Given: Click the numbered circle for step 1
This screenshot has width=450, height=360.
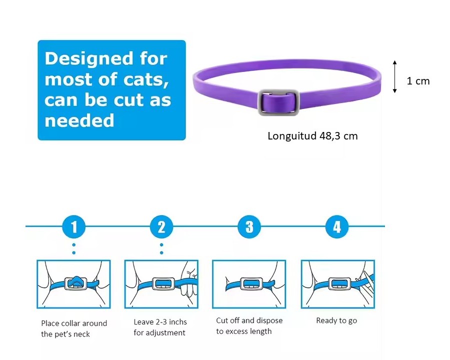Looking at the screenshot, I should tap(74, 227).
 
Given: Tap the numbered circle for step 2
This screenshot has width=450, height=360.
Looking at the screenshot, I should tap(161, 227).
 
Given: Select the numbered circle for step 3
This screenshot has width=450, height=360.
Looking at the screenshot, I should tap(249, 227).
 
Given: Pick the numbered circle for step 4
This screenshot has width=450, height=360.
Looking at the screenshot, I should tap(336, 227).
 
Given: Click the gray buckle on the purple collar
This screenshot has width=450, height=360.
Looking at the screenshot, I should tap(278, 102).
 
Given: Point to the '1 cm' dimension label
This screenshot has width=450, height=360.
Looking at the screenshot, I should tap(418, 81).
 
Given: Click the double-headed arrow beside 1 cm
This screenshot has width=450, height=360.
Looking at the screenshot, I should tap(395, 76).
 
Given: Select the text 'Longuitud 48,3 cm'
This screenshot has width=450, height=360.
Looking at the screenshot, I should tap(312, 136).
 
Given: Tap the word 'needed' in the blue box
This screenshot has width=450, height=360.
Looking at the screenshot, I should tap(79, 120).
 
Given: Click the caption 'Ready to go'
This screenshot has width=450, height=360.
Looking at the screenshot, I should tap(336, 320).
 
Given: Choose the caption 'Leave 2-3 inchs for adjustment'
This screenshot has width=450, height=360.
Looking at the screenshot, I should tap(159, 327).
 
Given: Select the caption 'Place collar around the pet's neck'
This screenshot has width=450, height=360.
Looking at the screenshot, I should tap(74, 328).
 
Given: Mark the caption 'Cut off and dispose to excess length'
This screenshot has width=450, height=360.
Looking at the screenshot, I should tap(249, 325).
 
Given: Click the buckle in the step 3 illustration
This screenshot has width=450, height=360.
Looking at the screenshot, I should tap(249, 284).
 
